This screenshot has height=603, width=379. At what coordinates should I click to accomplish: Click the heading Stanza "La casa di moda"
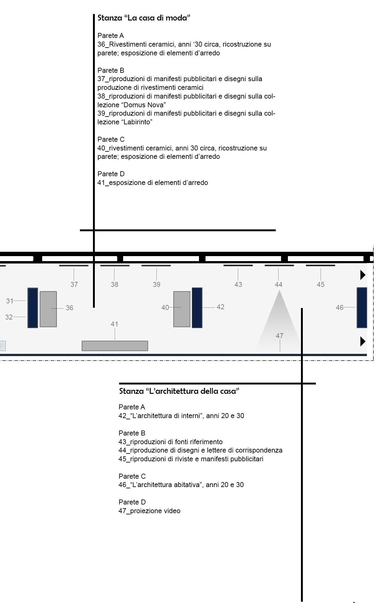click(144, 18)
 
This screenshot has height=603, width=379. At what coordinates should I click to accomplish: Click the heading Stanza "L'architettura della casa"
click(179, 391)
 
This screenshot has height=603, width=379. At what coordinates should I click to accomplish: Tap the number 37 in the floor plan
click(74, 284)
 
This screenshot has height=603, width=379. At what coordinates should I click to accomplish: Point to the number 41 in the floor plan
click(114, 324)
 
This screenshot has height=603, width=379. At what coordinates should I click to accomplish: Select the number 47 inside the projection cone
click(280, 336)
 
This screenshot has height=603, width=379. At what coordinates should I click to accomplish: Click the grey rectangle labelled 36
click(48, 309)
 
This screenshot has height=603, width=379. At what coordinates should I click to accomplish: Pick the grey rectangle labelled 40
click(182, 309)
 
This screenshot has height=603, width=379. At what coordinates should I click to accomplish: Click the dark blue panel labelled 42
click(197, 307)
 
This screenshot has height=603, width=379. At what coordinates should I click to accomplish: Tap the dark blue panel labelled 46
click(362, 307)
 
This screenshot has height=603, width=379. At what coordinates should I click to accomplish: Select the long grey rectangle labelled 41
click(115, 346)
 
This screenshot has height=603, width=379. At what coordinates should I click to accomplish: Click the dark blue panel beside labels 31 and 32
click(33, 307)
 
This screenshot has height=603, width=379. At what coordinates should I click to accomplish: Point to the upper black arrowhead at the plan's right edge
click(363, 275)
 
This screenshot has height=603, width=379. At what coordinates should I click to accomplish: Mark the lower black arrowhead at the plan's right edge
click(363, 341)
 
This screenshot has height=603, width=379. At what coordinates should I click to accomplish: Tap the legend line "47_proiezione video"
click(149, 511)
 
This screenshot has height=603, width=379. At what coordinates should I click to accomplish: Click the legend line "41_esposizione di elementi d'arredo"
click(153, 182)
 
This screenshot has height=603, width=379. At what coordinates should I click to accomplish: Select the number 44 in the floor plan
click(279, 284)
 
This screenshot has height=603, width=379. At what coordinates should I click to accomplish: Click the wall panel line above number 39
click(156, 265)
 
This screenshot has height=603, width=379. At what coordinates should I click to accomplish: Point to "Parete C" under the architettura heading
click(132, 476)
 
